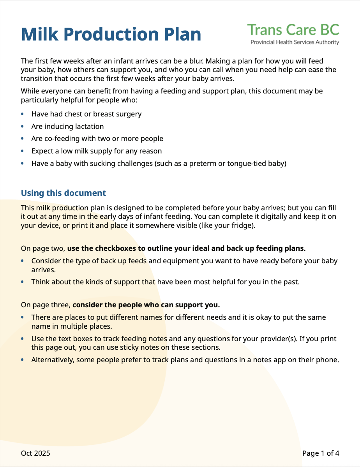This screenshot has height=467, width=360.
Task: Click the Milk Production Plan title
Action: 111,34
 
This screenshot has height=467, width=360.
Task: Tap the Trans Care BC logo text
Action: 293,30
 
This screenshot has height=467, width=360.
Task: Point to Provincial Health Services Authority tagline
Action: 295,42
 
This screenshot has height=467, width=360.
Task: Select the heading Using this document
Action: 63,193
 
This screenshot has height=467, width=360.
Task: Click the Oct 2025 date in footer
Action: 35,453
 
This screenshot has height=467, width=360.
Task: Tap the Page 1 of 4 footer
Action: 321,453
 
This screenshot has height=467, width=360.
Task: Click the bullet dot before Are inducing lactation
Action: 22,127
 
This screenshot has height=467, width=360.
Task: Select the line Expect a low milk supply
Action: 96,151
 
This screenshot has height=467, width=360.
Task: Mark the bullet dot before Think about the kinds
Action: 22,282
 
